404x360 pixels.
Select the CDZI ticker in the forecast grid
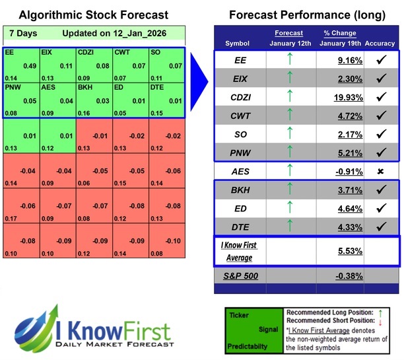point(86,51)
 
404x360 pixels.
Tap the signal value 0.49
point(30,65)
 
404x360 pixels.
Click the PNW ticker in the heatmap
point(12,86)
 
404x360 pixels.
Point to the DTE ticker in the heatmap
point(157,86)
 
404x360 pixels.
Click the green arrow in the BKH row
point(289,190)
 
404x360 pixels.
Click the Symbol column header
point(238,44)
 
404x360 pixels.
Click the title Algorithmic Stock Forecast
point(94,15)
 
